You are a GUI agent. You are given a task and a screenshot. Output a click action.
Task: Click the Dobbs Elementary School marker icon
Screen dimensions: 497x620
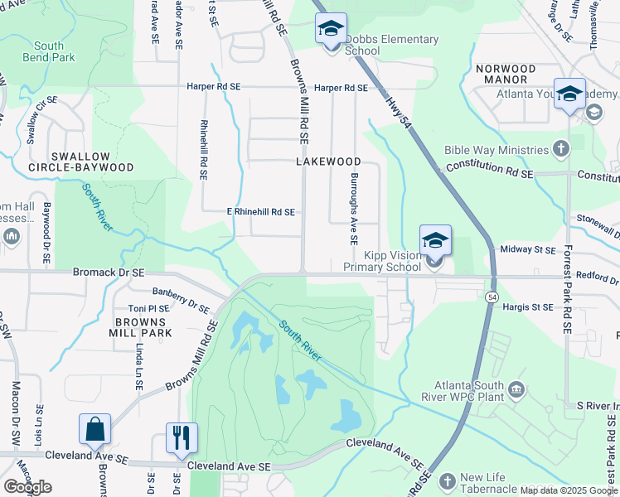(x=331, y=30)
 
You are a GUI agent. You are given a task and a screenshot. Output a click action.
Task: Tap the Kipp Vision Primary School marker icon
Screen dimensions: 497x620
(x=435, y=241)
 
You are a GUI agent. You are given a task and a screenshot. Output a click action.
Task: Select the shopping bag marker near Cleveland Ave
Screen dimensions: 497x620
(x=95, y=430)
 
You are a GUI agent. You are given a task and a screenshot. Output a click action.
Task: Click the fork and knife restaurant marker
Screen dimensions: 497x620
(x=182, y=437)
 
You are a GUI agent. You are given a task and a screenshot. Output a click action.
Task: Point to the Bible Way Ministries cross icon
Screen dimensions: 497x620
(x=562, y=149)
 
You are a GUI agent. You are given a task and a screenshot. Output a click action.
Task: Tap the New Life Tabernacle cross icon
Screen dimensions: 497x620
(x=447, y=481)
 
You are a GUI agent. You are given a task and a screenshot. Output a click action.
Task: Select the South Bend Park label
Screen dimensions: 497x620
(x=50, y=51)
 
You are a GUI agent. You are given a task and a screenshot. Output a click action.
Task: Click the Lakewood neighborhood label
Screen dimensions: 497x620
(x=329, y=162)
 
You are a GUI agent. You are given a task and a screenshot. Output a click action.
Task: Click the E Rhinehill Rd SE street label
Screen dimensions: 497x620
(x=261, y=212)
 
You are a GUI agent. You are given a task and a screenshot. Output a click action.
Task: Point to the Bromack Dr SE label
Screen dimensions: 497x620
(x=109, y=272)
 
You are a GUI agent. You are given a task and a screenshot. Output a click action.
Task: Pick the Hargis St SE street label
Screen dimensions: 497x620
(x=527, y=307)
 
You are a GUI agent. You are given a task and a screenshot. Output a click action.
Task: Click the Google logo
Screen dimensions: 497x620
(x=27, y=487)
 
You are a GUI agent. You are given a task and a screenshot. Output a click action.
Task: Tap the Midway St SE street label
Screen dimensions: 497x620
(x=527, y=249)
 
